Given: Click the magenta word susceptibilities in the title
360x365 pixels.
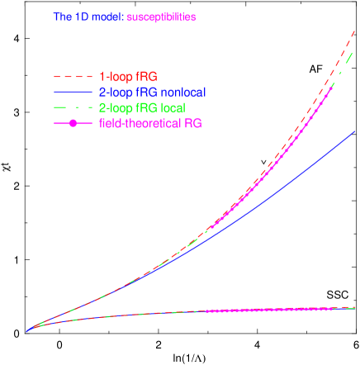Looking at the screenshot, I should (x=161, y=17).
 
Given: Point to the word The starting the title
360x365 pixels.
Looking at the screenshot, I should (x=62, y=17).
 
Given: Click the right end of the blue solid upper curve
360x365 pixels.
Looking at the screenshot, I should (x=356, y=130).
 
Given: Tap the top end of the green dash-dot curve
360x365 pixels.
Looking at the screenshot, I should (x=355, y=52).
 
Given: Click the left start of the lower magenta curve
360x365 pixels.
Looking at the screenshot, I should (x=206, y=311).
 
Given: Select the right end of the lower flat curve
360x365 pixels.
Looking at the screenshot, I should (x=356, y=307).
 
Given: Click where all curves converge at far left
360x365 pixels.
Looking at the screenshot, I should (x=26, y=331).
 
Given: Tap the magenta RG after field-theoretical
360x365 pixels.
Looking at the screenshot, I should (x=192, y=123).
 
